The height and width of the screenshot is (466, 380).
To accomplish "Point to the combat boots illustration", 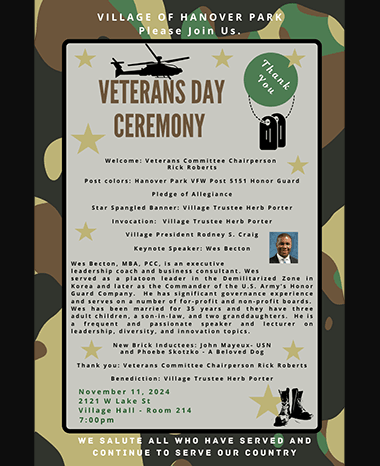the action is click(x=296, y=403).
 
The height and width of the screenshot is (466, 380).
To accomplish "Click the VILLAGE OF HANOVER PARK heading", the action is click(x=189, y=18).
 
